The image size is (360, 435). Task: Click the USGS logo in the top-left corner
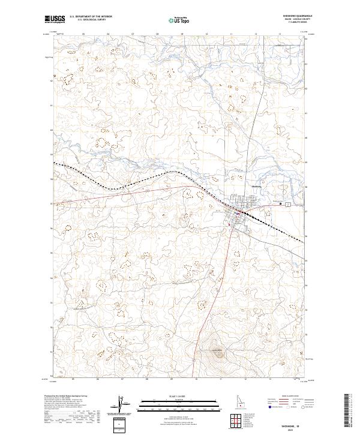(55, 19)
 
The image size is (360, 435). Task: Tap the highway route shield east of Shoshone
(287, 205)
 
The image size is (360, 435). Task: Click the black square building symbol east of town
(280, 204)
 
